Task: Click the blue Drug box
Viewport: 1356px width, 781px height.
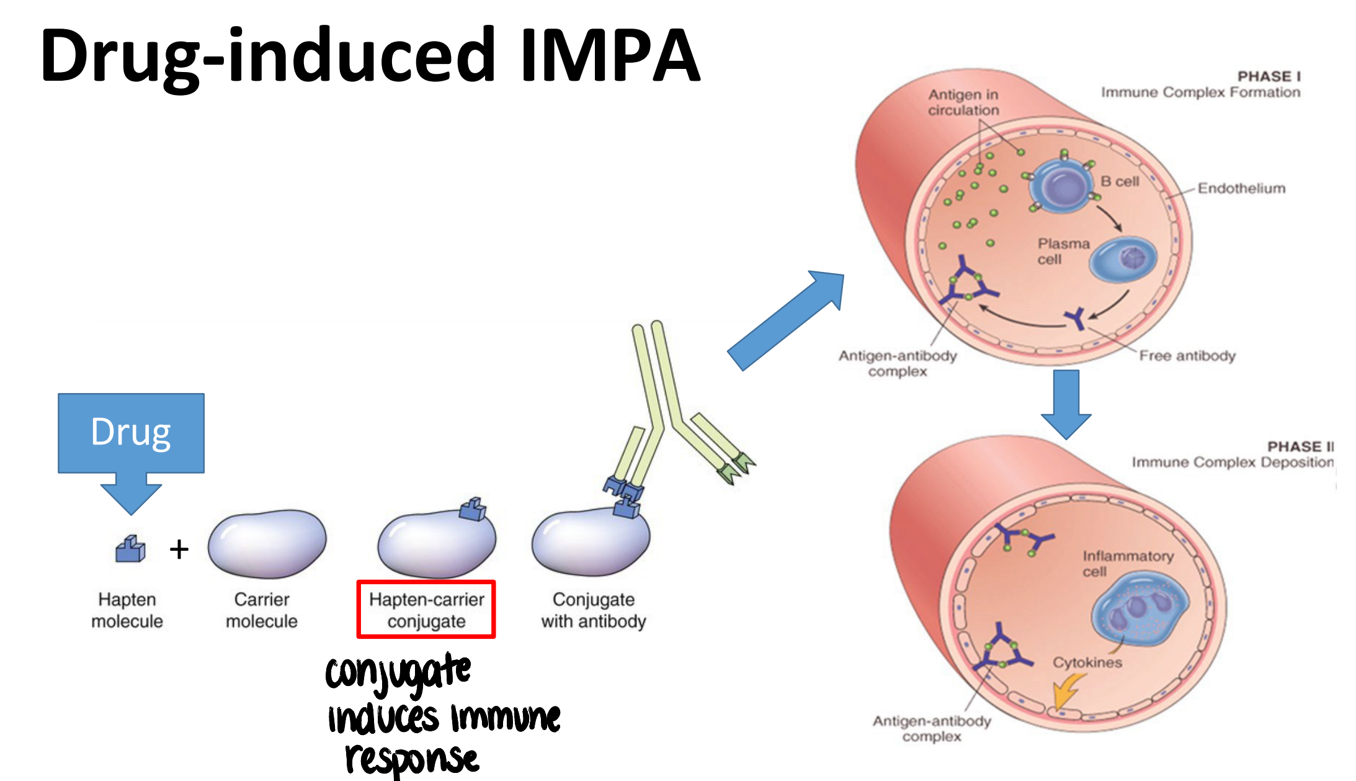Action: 131,433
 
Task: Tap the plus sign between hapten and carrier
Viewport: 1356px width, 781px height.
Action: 179,549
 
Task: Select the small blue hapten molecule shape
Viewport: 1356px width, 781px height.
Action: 130,549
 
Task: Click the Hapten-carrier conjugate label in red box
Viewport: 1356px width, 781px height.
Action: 426,610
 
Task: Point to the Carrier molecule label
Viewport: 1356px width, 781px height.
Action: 261,610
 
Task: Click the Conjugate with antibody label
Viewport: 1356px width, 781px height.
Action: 593,610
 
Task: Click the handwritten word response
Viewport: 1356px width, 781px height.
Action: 412,759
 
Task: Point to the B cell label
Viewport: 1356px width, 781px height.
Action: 1120,181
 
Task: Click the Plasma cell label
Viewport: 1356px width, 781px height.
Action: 1063,251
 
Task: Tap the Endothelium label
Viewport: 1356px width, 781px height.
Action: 1241,188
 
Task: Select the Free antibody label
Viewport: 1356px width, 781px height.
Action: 1187,356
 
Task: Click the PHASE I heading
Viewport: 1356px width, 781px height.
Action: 1269,76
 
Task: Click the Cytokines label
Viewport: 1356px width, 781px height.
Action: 1087,662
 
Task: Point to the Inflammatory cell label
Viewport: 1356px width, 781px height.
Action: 1127,563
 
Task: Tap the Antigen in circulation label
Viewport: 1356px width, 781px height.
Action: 963,102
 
